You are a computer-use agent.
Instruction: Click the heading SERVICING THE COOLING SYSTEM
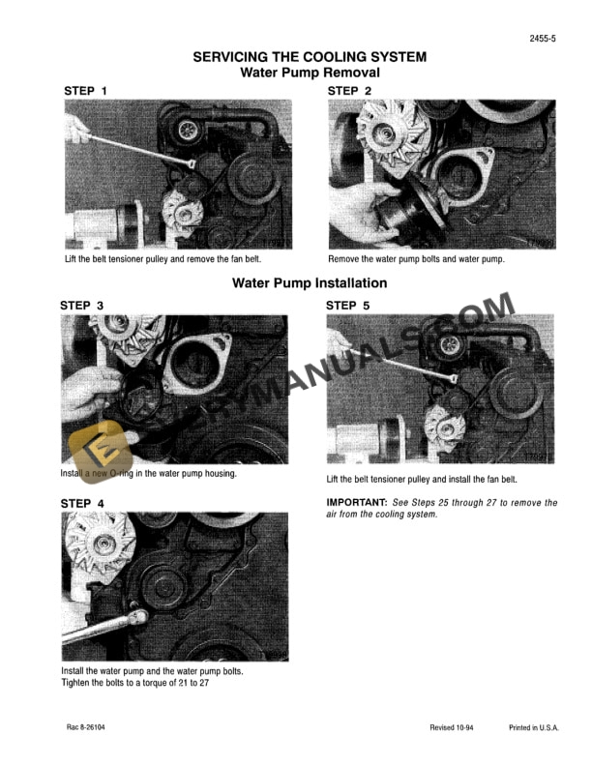click(x=309, y=57)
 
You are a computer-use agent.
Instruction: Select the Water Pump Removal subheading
click(x=309, y=73)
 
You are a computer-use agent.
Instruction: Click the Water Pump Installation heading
click(x=309, y=283)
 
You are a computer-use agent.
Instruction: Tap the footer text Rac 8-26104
click(x=87, y=727)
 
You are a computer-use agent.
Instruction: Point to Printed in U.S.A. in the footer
click(x=533, y=727)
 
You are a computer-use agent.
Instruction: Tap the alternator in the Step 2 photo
click(x=386, y=139)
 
